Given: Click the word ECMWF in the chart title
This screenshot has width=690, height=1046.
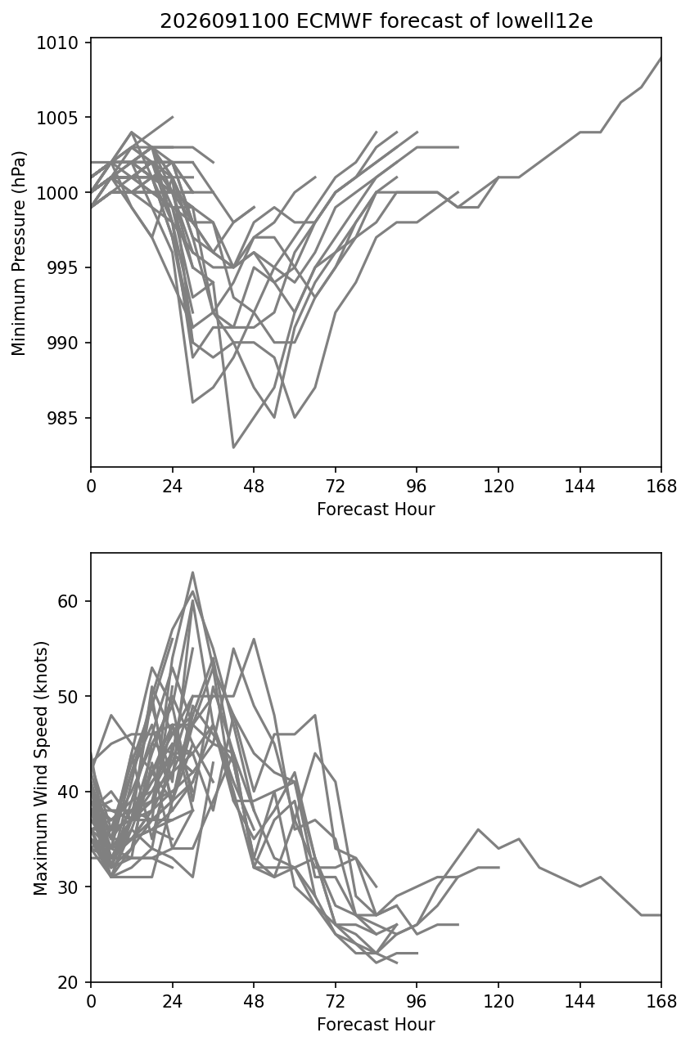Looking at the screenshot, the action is (x=335, y=21).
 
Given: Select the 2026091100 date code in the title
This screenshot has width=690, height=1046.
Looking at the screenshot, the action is (x=224, y=21).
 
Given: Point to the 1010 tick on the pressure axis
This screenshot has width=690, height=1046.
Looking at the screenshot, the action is (x=57, y=43).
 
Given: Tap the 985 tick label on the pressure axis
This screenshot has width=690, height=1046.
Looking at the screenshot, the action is (x=62, y=418).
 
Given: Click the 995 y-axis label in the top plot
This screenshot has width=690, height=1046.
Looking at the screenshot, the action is (x=62, y=267).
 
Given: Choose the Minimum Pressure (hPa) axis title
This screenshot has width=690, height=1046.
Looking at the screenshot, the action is (x=19, y=253).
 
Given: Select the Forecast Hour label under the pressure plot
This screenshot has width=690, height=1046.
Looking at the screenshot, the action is (x=376, y=509).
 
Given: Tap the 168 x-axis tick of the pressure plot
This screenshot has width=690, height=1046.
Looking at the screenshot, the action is (x=661, y=487).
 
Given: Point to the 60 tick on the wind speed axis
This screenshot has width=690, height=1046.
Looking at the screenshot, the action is (x=67, y=601).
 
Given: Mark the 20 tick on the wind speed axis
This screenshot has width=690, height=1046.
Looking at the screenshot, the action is (x=67, y=982).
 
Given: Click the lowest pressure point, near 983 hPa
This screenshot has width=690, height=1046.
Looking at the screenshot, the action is (x=233, y=448).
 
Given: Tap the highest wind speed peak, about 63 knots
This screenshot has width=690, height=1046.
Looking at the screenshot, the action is (x=192, y=572).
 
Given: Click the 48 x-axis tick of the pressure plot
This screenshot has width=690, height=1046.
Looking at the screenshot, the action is (x=254, y=487).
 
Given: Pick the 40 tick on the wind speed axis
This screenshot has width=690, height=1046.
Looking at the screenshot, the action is (x=67, y=792).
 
